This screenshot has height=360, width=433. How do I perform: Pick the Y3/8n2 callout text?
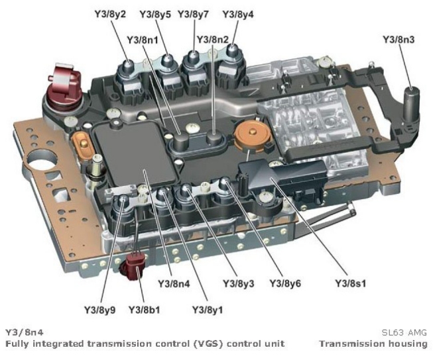212,40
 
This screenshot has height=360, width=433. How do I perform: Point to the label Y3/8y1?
207,308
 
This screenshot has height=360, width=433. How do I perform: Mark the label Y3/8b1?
144,308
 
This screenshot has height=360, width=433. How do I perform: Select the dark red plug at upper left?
63,82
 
